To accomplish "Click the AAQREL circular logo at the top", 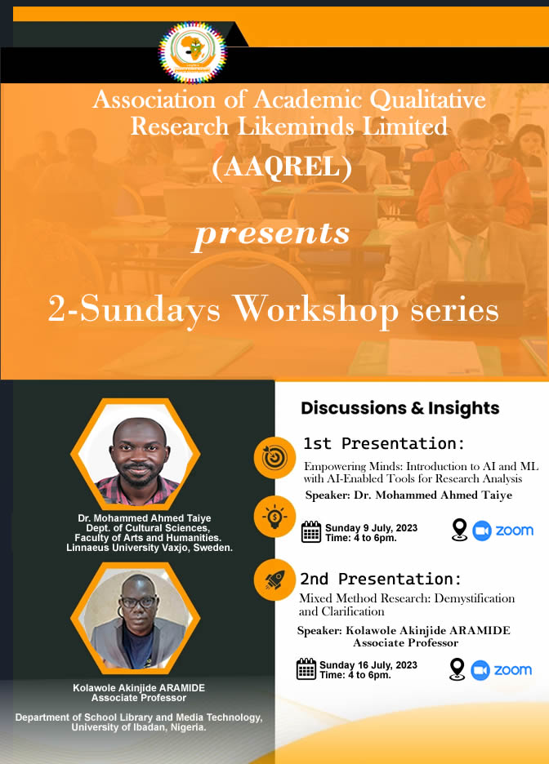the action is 193,52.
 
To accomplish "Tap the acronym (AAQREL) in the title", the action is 282,167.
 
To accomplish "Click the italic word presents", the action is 272,234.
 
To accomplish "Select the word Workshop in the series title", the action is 315,309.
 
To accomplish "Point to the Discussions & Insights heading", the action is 399,408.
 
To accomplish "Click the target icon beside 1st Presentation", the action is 274,458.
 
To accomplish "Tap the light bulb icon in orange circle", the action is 274,517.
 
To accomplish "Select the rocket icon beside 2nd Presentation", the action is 274,579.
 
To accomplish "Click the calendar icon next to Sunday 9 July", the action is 311,532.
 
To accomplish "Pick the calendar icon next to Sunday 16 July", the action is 306,669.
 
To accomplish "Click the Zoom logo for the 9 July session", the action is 503,531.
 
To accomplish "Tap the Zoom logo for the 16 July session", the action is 502,670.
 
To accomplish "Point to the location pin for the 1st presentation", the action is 459,530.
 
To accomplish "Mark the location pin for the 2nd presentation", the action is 457,669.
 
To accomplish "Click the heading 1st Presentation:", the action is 384,444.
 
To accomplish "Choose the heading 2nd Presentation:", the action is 381,580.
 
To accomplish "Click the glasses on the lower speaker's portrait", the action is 138,602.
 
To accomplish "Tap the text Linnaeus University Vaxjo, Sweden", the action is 150,548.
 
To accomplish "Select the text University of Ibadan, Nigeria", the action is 139,727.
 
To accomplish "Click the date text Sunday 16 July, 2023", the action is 368,665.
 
